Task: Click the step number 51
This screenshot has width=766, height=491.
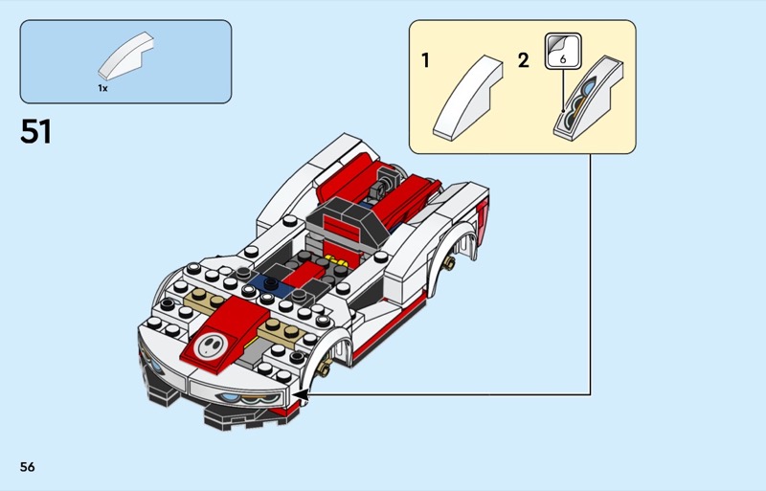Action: (35, 131)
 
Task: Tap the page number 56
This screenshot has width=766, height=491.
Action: (28, 467)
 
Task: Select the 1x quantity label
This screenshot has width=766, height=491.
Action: (102, 88)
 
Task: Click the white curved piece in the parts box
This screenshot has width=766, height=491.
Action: (126, 56)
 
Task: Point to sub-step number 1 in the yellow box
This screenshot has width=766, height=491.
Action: (425, 60)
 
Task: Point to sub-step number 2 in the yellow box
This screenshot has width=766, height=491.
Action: (523, 60)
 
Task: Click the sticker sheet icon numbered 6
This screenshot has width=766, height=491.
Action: (563, 51)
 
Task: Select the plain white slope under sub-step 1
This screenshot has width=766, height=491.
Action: (467, 98)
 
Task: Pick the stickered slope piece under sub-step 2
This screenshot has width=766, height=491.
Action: (588, 99)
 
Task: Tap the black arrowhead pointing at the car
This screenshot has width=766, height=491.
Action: (302, 394)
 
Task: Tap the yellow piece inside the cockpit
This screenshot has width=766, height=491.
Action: (336, 259)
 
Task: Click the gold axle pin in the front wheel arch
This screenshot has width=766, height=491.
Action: (323, 368)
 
